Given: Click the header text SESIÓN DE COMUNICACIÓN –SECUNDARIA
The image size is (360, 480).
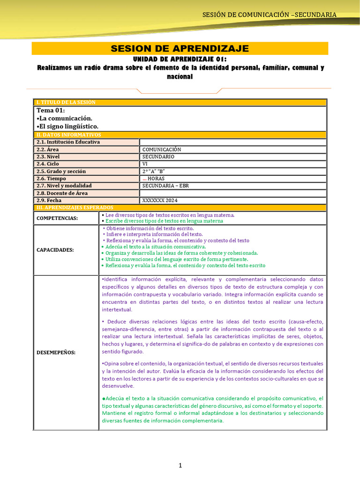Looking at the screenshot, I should click(x=269, y=15).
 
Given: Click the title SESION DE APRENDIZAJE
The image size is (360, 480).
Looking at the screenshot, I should click(x=180, y=49).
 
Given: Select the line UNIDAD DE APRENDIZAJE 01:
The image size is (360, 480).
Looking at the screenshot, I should click(x=180, y=59).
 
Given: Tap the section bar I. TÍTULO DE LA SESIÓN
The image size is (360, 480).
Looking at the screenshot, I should click(x=66, y=102).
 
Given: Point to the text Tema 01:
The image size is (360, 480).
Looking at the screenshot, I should click(x=51, y=110).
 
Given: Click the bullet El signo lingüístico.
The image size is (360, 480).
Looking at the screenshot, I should click(x=67, y=126).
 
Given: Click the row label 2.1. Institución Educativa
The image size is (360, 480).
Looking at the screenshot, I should click(x=68, y=142).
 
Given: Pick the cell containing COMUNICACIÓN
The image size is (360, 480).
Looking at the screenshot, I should click(x=162, y=150).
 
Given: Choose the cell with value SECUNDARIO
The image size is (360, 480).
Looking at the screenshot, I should click(x=158, y=157).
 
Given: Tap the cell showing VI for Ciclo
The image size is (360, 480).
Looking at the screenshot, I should click(x=145, y=164).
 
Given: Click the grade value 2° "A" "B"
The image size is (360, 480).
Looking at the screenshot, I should click(x=154, y=171).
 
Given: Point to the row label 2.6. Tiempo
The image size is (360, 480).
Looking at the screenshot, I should click(x=52, y=179).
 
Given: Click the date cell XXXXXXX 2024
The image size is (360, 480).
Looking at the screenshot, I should click(x=160, y=200).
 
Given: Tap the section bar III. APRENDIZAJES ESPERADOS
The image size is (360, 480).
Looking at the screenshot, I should click(x=75, y=207).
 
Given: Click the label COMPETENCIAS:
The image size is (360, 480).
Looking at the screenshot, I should click(x=58, y=218).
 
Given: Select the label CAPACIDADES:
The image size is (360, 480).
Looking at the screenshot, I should click(x=55, y=250).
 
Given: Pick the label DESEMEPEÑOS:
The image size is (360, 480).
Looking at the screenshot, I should click(x=56, y=352).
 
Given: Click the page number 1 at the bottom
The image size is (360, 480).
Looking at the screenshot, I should click(x=180, y=465).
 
